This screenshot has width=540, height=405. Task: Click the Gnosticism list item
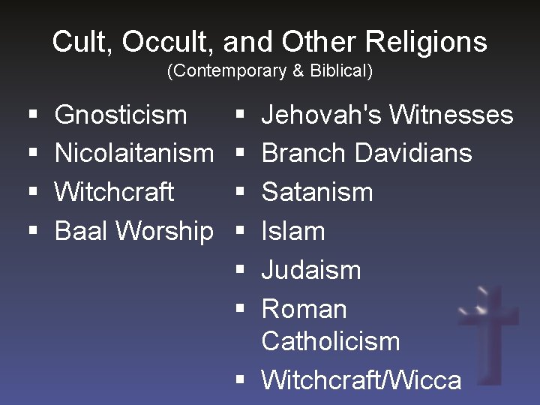point(121,115)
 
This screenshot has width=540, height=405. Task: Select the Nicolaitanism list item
point(134,153)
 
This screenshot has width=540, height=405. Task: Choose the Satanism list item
point(316,192)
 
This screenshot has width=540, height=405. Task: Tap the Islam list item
point(293,231)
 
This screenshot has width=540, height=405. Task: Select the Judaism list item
point(310,270)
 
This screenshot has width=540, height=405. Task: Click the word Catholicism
point(330,341)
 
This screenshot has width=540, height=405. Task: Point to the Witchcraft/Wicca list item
point(361,379)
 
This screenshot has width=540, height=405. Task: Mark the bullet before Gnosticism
point(33,115)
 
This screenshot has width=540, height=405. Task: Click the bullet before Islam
point(240,232)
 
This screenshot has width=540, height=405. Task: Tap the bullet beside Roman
point(240,309)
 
